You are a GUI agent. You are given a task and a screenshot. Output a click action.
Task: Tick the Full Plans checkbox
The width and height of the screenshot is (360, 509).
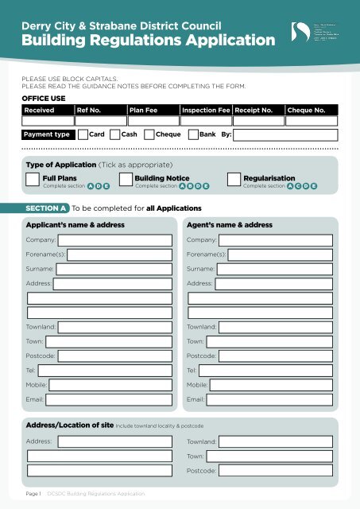coord(33,182)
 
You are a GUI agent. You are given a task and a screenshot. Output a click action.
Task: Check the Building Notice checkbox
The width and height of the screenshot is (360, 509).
coord(126,182)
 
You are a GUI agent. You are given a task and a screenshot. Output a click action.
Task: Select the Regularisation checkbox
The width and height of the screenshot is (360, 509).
coord(234,182)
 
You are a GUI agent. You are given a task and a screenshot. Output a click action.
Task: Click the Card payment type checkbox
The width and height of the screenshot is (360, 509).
coord(83,135)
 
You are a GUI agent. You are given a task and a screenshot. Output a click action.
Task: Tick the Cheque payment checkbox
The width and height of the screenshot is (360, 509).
coord(149,135)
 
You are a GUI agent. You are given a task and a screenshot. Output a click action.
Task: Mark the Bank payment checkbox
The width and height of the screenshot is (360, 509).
coord(192,135)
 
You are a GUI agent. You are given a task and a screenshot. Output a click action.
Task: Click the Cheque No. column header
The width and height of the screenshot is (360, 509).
coord(306,111)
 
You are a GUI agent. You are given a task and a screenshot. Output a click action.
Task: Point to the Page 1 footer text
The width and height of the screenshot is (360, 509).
coord(33,495)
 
